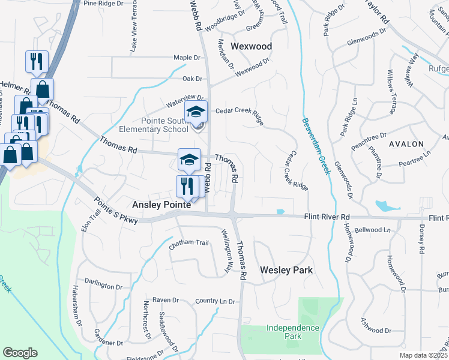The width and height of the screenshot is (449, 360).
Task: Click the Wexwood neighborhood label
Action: pyautogui.click(x=252, y=46)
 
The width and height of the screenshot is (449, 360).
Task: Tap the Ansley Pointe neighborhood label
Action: pyautogui.click(x=162, y=205)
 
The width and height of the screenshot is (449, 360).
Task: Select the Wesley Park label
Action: pyautogui.click(x=286, y=270)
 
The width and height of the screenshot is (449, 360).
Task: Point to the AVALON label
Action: pyautogui.click(x=406, y=144)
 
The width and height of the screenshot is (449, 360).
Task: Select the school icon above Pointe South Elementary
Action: pyautogui.click(x=196, y=112)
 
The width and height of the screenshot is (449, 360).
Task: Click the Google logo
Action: pyautogui.click(x=20, y=353)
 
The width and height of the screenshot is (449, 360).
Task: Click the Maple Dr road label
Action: pyautogui.click(x=186, y=58)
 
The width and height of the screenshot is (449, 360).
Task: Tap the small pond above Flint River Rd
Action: pyautogui.click(x=280, y=211)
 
